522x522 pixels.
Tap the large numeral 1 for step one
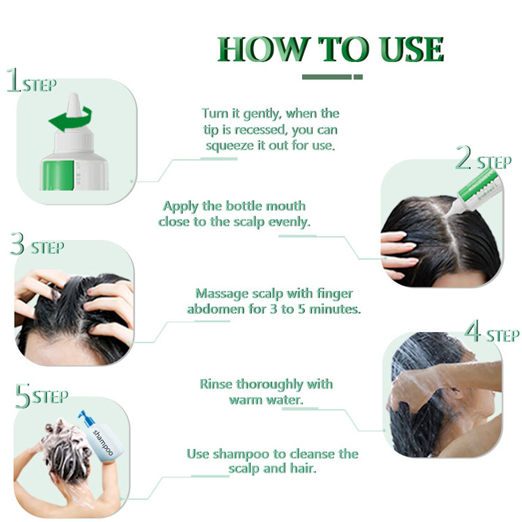13,81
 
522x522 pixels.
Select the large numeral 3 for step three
17,245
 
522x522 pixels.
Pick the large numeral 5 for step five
22,397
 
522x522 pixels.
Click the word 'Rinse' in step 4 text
217,384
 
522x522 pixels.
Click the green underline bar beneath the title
332,77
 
